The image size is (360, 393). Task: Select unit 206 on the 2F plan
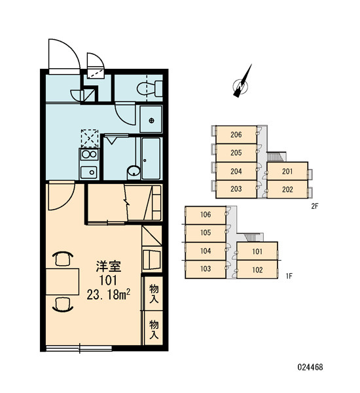236,134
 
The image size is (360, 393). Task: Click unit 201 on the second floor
287,172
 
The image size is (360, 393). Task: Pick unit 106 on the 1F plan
206,215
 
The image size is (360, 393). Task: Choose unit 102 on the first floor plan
257,270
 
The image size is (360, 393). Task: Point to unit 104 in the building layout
206,251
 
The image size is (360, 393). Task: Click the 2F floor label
315,206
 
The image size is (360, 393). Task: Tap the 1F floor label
289,276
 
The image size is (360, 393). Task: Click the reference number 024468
310,367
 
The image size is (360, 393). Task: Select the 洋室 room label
109,266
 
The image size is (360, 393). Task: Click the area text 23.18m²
108,294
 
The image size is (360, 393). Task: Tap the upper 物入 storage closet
154,293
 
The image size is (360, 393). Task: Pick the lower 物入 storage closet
154,328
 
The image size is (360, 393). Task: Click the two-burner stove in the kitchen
90,155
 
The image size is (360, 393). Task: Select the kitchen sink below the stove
89,172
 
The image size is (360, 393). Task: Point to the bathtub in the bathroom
151,159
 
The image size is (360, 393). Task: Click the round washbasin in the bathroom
134,171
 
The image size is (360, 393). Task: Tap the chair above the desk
63,259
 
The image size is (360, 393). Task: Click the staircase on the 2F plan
277,157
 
